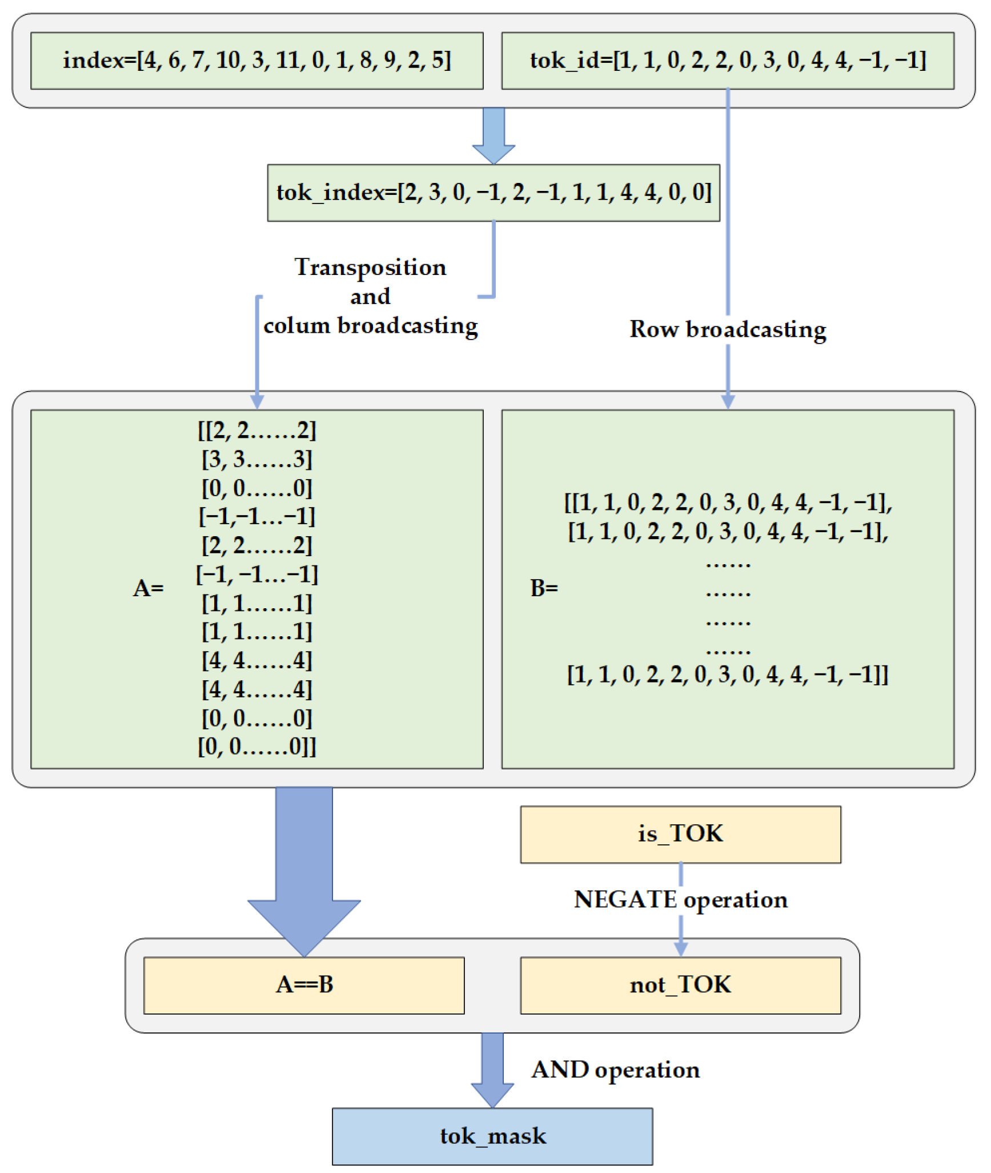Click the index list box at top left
tap(256, 61)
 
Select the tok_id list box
tap(727, 61)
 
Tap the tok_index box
tap(494, 193)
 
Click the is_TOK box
tap(680, 834)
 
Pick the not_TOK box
tap(680, 985)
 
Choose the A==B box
tap(304, 985)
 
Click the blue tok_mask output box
tap(492, 1136)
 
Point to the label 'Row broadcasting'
tap(727, 329)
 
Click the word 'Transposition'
tap(370, 268)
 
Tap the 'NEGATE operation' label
tap(680, 900)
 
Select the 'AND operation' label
tap(615, 1070)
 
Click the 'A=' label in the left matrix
tap(148, 588)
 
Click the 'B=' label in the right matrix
tap(544, 588)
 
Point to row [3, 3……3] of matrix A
tap(256, 459)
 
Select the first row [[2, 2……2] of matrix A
tap(256, 430)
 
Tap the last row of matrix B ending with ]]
tap(727, 675)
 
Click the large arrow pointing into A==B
tap(304, 869)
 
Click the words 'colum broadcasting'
tap(370, 326)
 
